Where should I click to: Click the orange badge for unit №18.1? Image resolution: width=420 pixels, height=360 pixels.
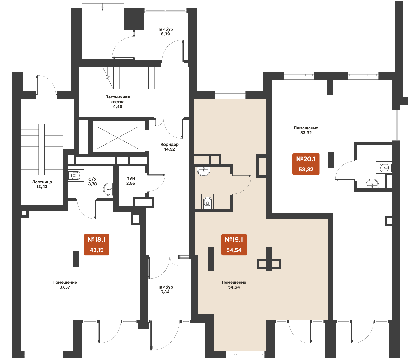(97, 244)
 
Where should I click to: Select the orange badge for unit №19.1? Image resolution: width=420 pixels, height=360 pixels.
(234, 244)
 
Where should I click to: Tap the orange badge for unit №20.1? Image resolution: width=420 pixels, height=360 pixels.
(306, 164)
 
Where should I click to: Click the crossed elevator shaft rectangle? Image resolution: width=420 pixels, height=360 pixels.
(118, 137)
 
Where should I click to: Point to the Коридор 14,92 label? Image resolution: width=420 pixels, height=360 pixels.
(169, 147)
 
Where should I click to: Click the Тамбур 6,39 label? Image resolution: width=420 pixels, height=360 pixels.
(165, 31)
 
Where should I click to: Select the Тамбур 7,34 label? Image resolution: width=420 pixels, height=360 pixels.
(165, 289)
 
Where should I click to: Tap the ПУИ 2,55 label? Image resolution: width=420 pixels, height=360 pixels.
(131, 181)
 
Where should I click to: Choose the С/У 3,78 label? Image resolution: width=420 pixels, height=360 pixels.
(92, 181)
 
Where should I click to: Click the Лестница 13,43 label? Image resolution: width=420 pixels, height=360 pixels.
(42, 184)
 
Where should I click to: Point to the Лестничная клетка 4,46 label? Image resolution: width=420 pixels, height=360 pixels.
(117, 102)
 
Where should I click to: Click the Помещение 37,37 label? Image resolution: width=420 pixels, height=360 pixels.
(65, 285)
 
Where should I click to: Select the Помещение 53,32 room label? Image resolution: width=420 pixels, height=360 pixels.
(306, 130)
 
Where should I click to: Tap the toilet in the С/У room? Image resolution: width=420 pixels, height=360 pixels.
(74, 175)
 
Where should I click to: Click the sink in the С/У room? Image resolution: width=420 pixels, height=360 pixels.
(108, 189)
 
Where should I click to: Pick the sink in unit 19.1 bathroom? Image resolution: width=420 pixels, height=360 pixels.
(204, 171)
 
